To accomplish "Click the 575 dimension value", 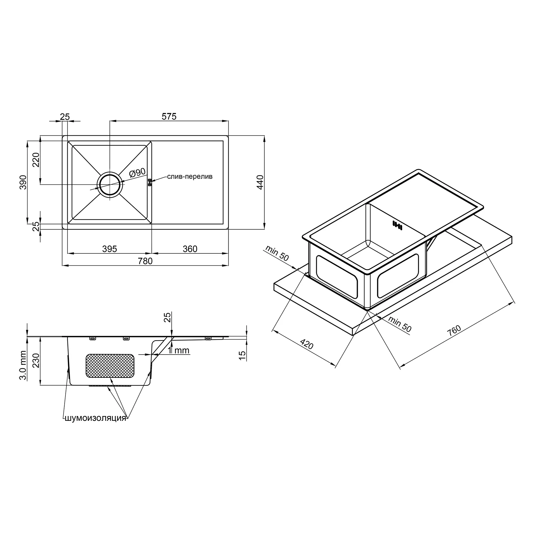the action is pyautogui.click(x=169, y=116).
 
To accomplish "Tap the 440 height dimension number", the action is pyautogui.click(x=260, y=182).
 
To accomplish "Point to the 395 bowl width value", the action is pyautogui.click(x=110, y=249).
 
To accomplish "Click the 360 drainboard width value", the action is pyautogui.click(x=190, y=249).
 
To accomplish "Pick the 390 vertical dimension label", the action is pyautogui.click(x=23, y=182).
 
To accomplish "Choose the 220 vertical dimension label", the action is pyautogui.click(x=36, y=160).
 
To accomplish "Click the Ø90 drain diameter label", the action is pyautogui.click(x=137, y=172).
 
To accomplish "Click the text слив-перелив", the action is pyautogui.click(x=190, y=176).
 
